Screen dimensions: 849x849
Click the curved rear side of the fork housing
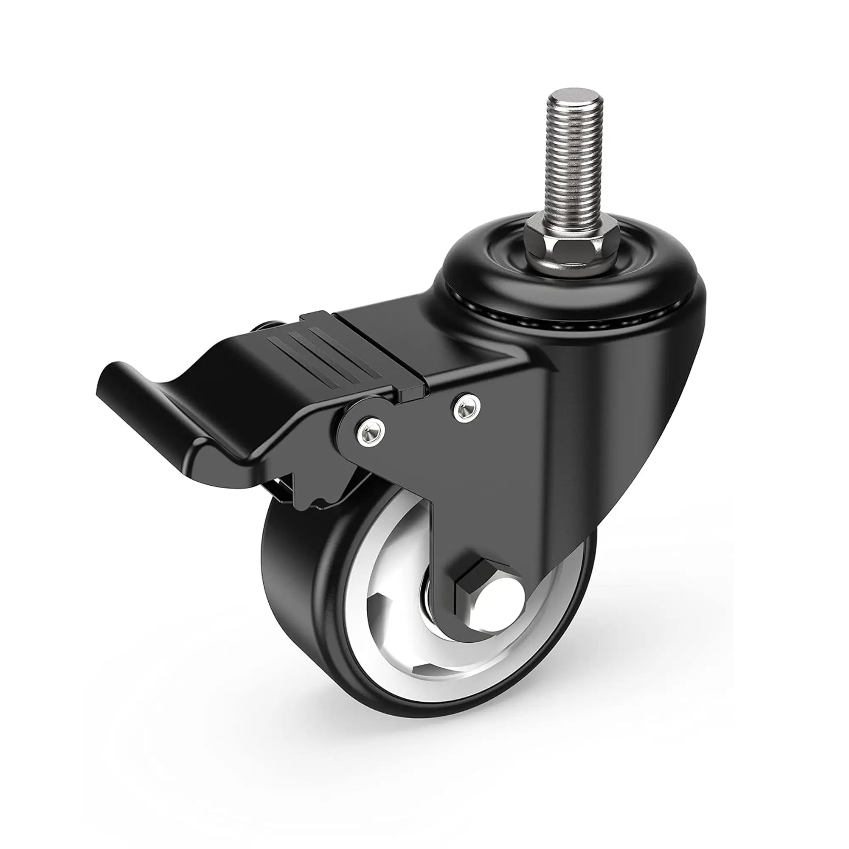coord(637,396)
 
